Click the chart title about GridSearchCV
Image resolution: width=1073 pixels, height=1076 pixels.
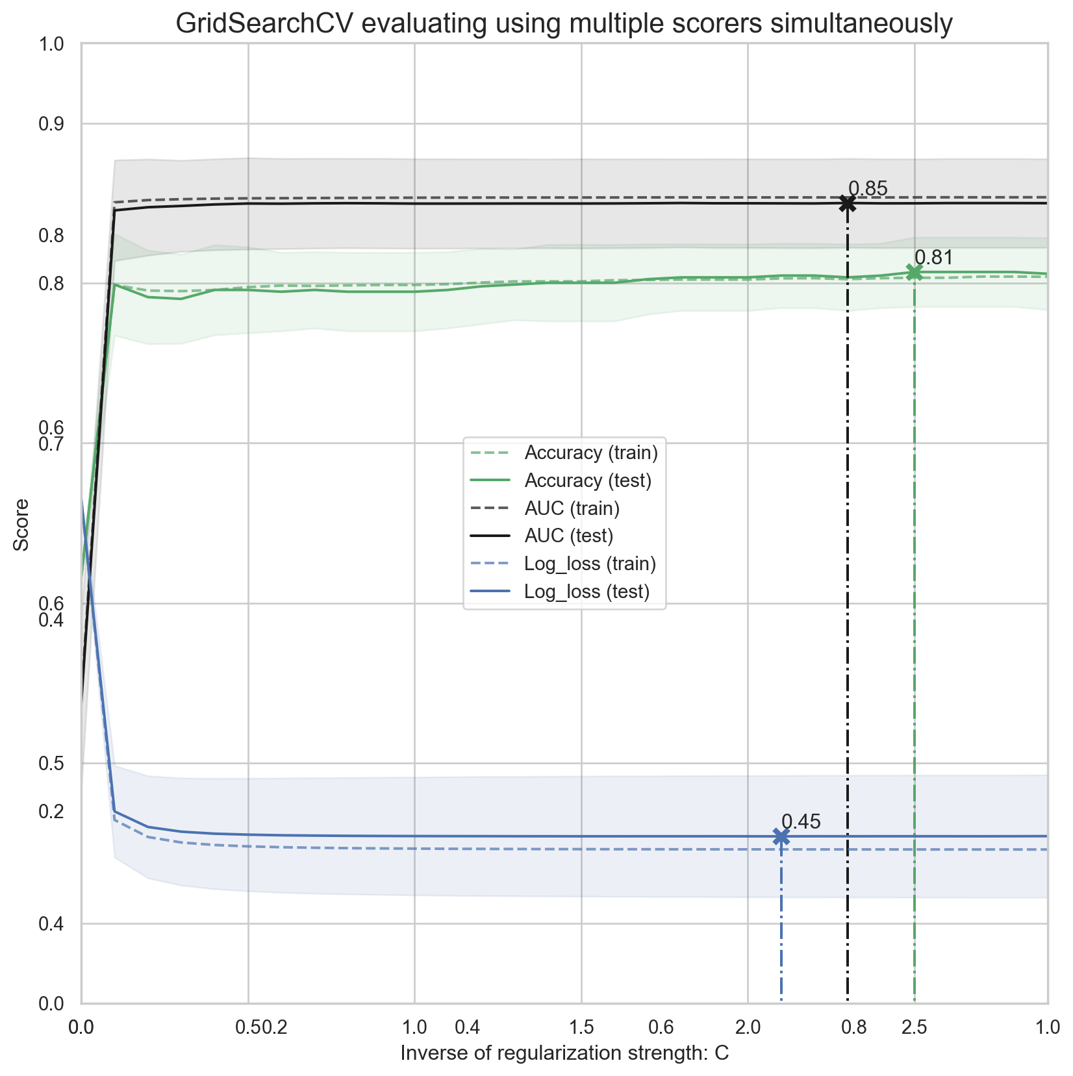564,24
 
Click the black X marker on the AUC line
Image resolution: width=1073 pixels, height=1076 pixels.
847,204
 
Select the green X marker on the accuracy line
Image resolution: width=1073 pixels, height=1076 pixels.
914,273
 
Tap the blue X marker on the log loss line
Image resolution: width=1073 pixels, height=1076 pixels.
781,837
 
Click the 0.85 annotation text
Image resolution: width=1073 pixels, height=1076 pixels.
868,189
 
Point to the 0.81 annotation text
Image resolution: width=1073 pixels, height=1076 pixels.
933,258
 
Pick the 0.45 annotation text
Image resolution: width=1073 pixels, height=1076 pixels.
801,822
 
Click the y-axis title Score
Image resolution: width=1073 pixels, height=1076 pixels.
22,525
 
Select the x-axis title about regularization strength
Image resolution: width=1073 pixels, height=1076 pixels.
564,1053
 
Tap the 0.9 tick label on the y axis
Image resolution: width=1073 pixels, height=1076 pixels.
52,124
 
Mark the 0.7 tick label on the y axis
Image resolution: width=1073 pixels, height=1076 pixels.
52,444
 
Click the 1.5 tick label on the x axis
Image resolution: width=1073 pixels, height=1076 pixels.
581,1027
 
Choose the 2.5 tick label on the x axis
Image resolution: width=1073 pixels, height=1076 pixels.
914,1027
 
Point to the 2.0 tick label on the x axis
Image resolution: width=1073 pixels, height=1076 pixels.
748,1027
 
